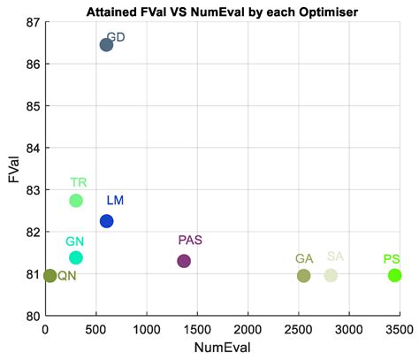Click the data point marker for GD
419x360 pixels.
pyautogui.click(x=106, y=44)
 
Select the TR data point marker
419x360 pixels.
pyautogui.click(x=76, y=201)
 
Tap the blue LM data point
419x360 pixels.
pyautogui.click(x=106, y=221)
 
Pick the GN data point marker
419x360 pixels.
pyautogui.click(x=76, y=257)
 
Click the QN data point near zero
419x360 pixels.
pyautogui.click(x=50, y=275)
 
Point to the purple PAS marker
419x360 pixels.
pyautogui.click(x=184, y=261)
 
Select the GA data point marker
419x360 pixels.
pyautogui.click(x=303, y=276)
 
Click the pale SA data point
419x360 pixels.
pyautogui.click(x=331, y=276)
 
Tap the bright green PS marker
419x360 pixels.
pyautogui.click(x=394, y=275)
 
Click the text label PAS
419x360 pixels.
pyautogui.click(x=190, y=241)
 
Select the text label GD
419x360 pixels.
pyautogui.click(x=116, y=39)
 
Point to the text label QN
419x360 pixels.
pyautogui.click(x=67, y=276)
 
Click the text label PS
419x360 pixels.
pyautogui.click(x=392, y=258)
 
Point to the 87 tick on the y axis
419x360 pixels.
pyautogui.click(x=32, y=21)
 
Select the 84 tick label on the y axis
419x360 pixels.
pyautogui.click(x=32, y=148)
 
